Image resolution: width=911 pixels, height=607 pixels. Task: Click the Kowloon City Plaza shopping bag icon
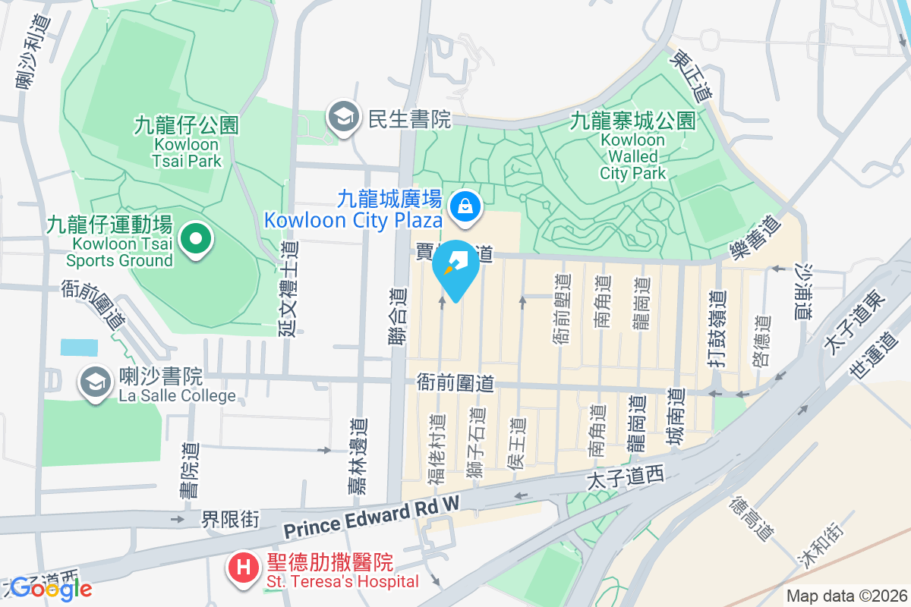click(462, 205)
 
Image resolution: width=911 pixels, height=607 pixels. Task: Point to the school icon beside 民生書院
click(343, 118)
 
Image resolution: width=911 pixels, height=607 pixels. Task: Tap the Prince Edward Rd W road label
click(372, 518)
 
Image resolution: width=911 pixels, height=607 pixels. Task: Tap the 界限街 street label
click(230, 520)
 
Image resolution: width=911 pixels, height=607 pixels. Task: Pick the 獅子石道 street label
click(477, 443)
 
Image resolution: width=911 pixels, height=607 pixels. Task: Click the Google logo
click(51, 588)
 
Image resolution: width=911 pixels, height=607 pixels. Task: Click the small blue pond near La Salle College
click(80, 348)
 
